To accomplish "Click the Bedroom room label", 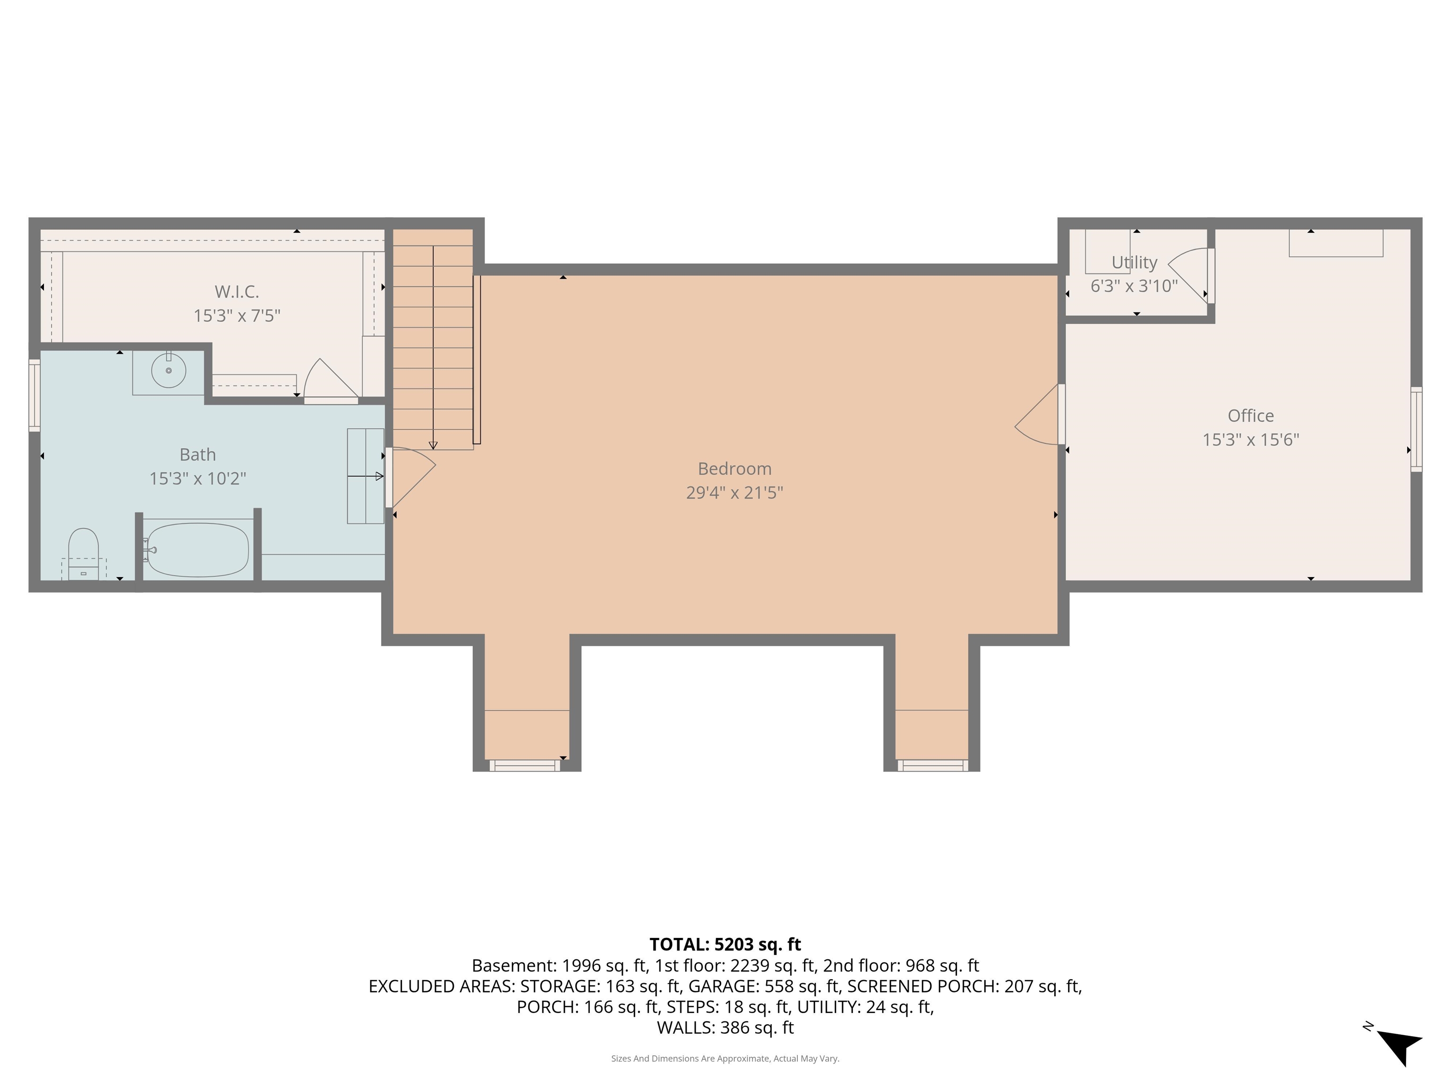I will (734, 468).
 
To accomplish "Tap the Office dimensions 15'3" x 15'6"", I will (1250, 439).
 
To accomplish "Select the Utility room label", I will (1134, 263).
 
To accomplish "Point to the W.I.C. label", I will (236, 291).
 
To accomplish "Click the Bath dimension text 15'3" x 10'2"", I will (197, 478).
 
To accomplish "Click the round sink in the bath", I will (169, 371).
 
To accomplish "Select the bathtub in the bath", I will (197, 550).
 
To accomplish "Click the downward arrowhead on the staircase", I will (433, 445).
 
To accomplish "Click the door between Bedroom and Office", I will (1040, 416).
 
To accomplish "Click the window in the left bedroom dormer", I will (525, 765).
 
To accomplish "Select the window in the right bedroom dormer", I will (932, 765).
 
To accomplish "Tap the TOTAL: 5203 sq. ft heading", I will (725, 944).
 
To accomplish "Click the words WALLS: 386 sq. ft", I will (725, 1028).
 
